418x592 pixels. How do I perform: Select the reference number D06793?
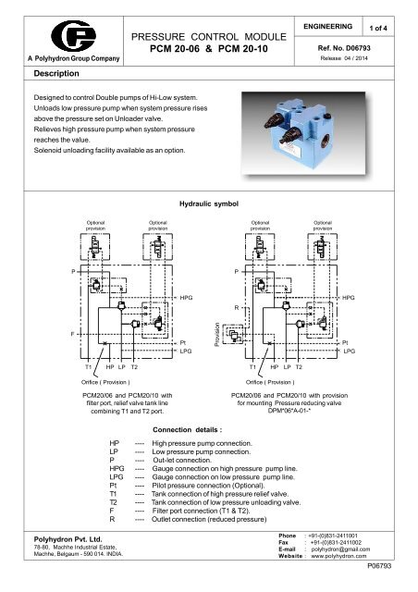click(363, 43)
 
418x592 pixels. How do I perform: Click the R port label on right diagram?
click(237, 307)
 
